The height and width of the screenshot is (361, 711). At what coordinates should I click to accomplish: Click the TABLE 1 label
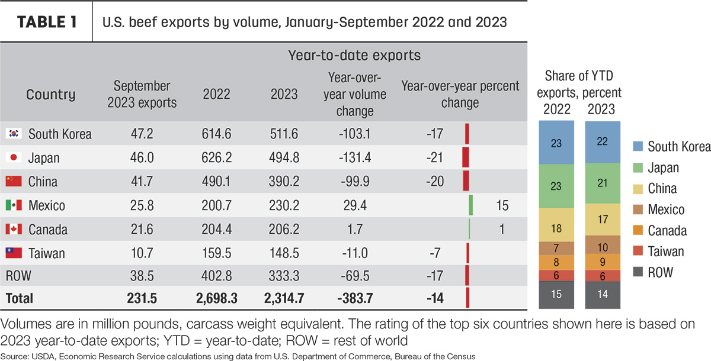point(47,22)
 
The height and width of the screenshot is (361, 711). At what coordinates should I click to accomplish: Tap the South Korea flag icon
point(14,133)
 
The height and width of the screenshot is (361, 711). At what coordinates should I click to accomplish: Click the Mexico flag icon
point(14,205)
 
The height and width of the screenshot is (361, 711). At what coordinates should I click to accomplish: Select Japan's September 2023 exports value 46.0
point(142,157)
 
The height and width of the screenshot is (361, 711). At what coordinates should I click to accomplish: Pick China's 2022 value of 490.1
point(216,181)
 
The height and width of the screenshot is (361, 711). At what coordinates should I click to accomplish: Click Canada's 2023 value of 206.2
point(284,229)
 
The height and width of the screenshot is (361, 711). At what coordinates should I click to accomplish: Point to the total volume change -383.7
point(355,298)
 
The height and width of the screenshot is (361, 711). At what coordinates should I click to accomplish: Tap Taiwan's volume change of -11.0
point(355,253)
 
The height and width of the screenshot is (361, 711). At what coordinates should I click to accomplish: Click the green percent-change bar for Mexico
point(471,205)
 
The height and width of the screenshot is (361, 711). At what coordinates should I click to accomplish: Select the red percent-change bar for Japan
point(466,157)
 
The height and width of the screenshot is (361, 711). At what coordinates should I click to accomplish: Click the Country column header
point(51,95)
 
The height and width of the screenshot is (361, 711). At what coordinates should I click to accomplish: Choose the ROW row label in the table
point(18,276)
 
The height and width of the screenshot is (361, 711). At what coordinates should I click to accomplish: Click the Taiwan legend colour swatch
point(638,251)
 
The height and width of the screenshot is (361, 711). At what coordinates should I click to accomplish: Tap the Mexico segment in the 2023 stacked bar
point(603,244)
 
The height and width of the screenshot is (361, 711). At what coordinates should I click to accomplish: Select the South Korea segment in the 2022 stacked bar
point(556,142)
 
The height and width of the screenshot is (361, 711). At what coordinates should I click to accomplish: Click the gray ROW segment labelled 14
point(603,295)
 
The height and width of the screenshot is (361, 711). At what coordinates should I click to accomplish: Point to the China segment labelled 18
point(556,225)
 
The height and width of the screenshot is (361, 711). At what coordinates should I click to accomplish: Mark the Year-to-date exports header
point(354,56)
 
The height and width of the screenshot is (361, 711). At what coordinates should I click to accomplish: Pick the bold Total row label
point(20,298)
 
